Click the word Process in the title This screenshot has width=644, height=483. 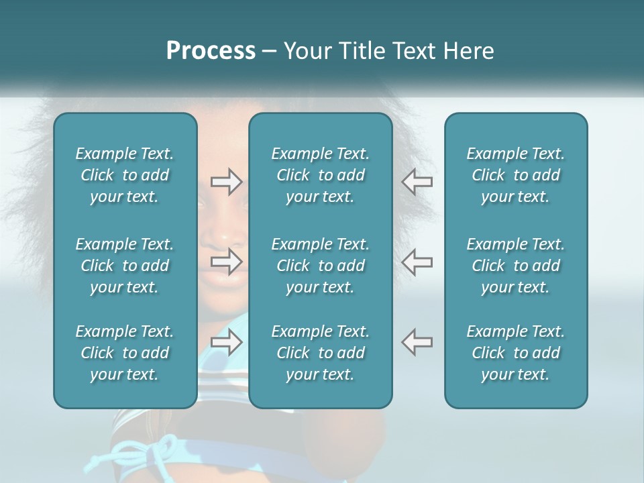pos(211,51)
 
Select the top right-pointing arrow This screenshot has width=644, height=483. pos(226,182)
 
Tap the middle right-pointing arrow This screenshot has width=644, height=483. pos(226,262)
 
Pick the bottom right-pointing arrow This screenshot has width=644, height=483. pos(226,341)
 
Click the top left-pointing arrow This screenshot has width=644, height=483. pos(417,181)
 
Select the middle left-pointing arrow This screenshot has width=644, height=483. pos(417,261)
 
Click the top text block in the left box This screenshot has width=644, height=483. pos(125,175)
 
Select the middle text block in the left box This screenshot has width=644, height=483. pos(125,266)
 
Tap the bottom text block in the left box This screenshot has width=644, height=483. pos(125,353)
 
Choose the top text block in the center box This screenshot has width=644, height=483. pos(321,175)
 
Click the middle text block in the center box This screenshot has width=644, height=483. pos(321,266)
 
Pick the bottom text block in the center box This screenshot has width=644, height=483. pos(321,353)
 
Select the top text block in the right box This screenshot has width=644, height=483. pos(516,175)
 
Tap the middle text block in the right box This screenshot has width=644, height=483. pos(516,266)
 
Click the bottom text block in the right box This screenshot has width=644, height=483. pos(516,353)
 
